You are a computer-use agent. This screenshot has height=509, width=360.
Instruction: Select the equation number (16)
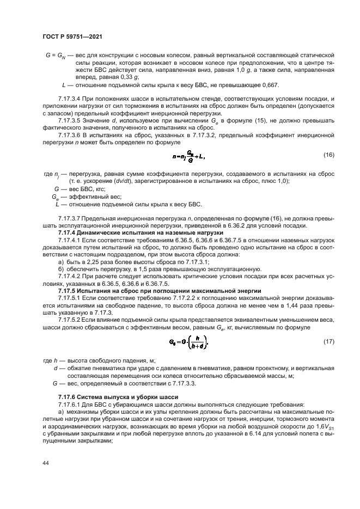[329, 155]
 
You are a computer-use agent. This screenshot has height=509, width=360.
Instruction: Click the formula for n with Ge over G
[189, 156]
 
